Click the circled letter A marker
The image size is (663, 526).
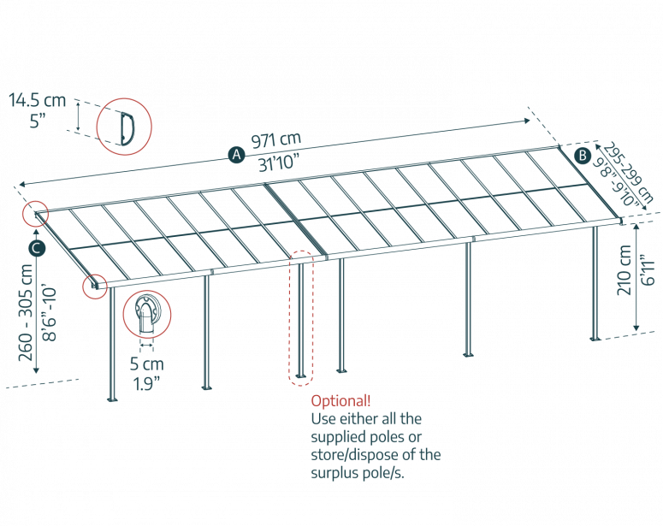coord(236,155)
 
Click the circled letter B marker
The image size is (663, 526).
coord(582,155)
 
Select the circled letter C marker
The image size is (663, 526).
coord(36,248)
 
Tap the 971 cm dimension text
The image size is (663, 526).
coord(275,139)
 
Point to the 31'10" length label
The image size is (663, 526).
coord(281,165)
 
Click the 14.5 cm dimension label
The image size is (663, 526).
coord(37,101)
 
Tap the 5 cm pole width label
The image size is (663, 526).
coord(146,363)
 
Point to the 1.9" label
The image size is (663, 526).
coord(146,383)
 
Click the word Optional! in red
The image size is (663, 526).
coord(340,400)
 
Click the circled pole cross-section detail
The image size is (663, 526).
coord(148,314)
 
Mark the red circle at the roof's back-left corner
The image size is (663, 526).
coord(36,215)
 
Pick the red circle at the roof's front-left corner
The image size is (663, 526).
coord(95,285)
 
